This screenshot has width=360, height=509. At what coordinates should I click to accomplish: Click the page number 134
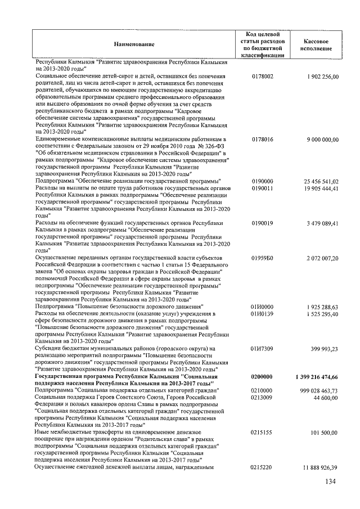pos(330,481)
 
